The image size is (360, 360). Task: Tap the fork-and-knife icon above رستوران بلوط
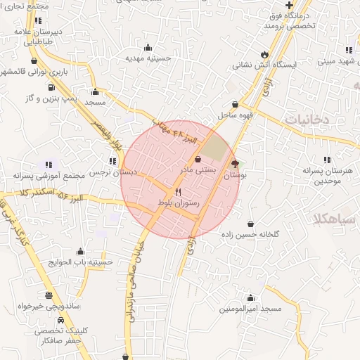[178, 192]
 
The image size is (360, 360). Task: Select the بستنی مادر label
[196, 170]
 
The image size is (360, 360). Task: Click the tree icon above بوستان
[235, 164]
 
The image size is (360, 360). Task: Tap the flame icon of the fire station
[264, 53]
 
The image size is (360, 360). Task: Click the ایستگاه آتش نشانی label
[262, 65]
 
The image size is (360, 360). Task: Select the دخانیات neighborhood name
[307, 119]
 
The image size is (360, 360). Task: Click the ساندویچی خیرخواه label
[46, 307]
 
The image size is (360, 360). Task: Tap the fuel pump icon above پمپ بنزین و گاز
[51, 87]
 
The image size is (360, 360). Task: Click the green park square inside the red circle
[217, 149]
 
